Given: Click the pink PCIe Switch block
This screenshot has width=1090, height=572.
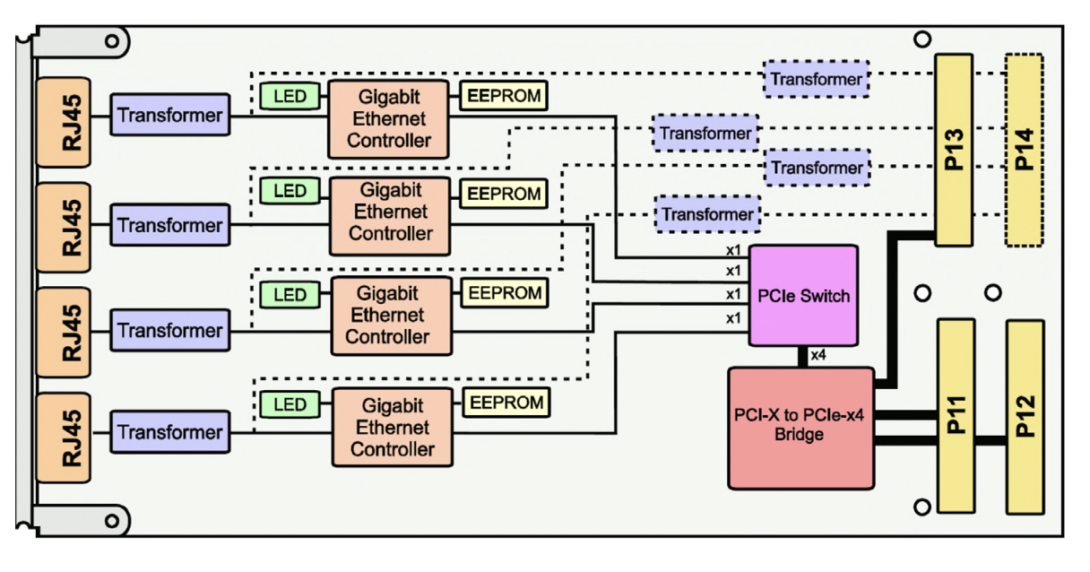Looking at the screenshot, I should (x=804, y=295).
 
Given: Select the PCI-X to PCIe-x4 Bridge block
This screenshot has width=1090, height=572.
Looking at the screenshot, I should (x=800, y=428).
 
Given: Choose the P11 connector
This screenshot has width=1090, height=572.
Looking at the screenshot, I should (x=956, y=415).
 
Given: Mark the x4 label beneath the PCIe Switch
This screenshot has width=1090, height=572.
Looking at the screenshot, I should (x=818, y=356).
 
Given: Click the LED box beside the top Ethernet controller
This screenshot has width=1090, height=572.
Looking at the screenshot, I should (x=290, y=96).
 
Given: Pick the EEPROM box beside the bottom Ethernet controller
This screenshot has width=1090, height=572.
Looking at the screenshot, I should (x=506, y=403).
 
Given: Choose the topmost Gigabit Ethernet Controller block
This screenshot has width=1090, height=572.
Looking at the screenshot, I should (x=388, y=118).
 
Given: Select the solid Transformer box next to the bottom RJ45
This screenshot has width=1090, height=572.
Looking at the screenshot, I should (x=169, y=432).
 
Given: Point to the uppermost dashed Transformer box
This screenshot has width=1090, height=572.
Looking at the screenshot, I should (x=817, y=79).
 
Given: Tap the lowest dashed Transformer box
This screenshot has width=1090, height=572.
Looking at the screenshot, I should (x=707, y=214).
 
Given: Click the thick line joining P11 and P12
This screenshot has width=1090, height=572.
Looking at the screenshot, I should (x=991, y=440).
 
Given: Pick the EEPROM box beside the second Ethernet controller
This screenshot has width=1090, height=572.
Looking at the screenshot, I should (x=505, y=194).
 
